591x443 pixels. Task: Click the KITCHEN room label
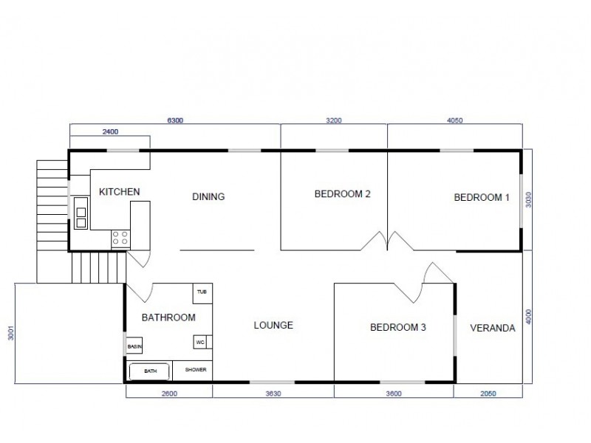[x=119, y=192]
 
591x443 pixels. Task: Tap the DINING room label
[x=208, y=196]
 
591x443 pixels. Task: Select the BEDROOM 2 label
[x=342, y=195]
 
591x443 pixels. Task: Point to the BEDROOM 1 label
[x=481, y=197]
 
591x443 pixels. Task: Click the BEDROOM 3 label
[x=397, y=328]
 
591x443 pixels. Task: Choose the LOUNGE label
[x=273, y=325]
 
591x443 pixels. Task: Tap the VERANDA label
[x=492, y=328]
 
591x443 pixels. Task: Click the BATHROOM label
[x=168, y=318]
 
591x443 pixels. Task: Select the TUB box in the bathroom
[x=202, y=292]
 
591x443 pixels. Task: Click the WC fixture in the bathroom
[x=200, y=343]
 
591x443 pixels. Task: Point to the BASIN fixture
[x=134, y=346]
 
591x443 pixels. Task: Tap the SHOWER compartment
[x=195, y=370]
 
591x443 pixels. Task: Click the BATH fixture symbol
[x=150, y=371]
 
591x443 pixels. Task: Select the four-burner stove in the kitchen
[x=120, y=238]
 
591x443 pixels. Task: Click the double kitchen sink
[x=80, y=216]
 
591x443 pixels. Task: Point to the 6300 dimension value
[x=175, y=119]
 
